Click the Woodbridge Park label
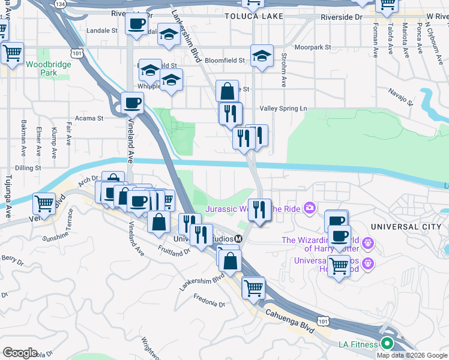pos(40,68)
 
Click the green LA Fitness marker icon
pos(387,344)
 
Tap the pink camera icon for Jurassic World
pos(310,209)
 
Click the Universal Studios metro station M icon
pos(239,239)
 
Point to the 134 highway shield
pos(59,4)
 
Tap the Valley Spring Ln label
pos(283,109)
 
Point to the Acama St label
pos(92,118)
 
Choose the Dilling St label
pos(28,168)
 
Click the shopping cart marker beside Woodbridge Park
pos(12,53)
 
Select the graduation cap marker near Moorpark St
pos(262,56)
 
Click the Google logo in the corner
pos(20,353)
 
